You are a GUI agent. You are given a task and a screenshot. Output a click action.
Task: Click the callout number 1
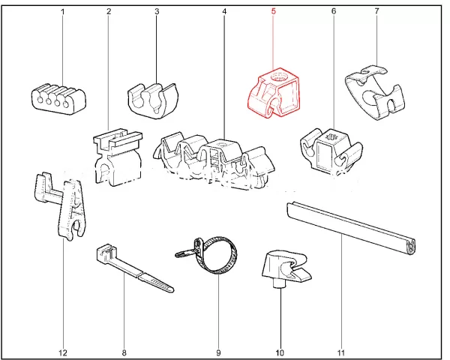62,12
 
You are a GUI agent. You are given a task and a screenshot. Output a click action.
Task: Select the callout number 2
109,12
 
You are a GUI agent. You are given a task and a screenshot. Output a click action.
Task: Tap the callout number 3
156,12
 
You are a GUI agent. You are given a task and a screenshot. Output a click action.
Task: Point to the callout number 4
224,12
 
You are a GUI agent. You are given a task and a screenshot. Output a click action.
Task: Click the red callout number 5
274,12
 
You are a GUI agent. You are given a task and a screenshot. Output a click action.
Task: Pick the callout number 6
333,12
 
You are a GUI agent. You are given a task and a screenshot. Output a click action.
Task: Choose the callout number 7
376,12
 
